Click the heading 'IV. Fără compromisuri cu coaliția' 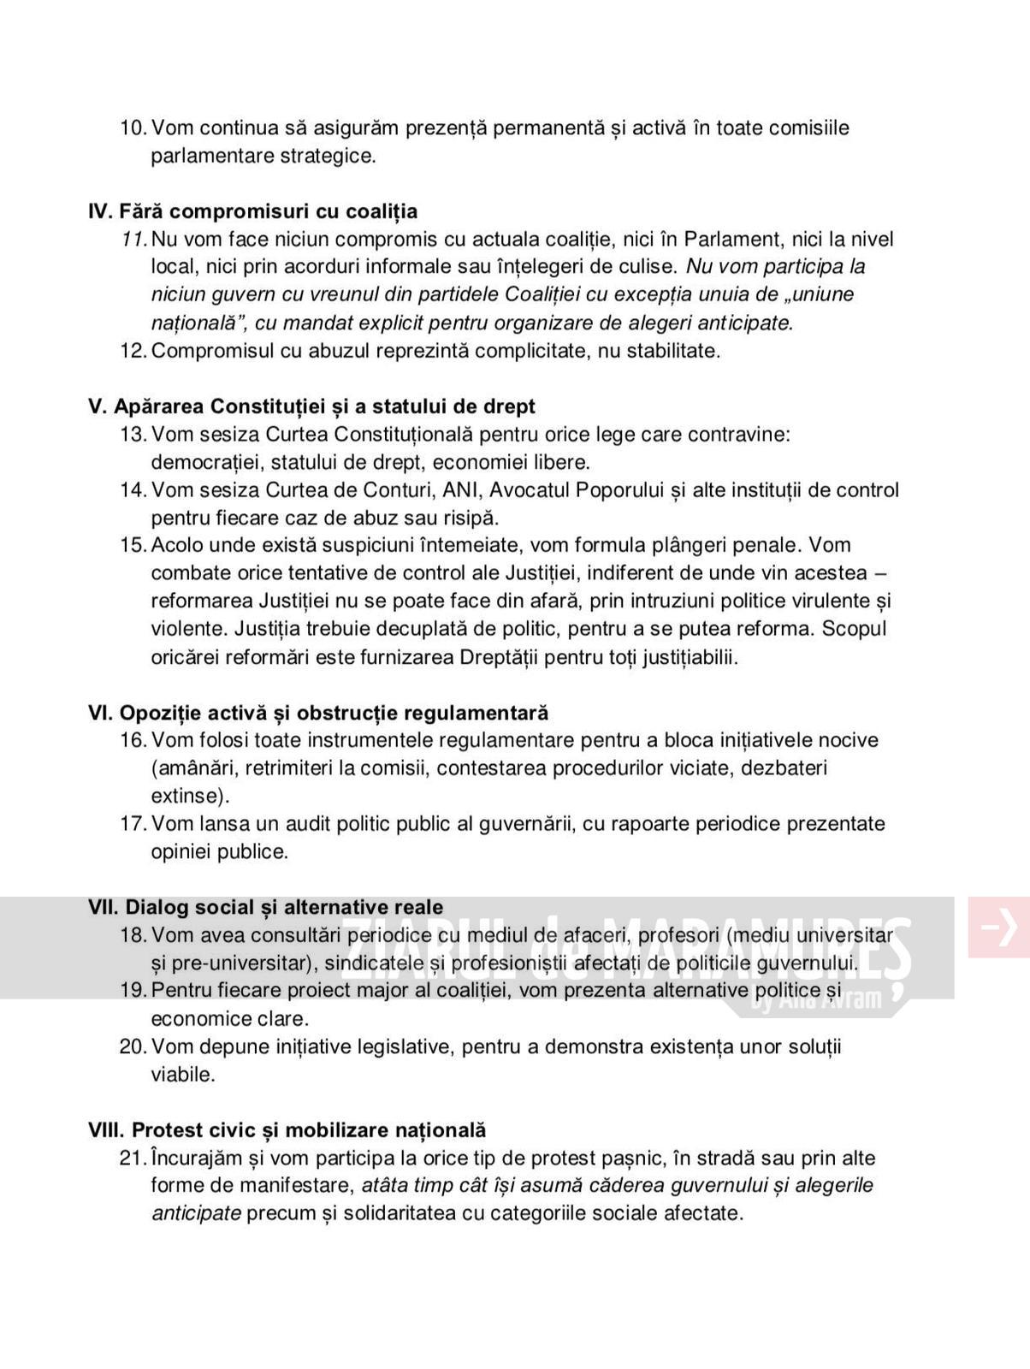(252, 211)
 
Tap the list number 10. (133, 128)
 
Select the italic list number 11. (133, 240)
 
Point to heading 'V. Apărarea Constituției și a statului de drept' (311, 406)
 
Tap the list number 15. (133, 545)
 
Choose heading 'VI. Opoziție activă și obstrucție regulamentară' (318, 713)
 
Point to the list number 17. (133, 824)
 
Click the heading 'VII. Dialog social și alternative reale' (266, 907)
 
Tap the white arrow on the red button (998, 927)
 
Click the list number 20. (133, 1046)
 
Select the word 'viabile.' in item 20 (183, 1075)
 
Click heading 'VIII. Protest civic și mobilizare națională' (287, 1130)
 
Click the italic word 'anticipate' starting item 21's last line (196, 1213)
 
